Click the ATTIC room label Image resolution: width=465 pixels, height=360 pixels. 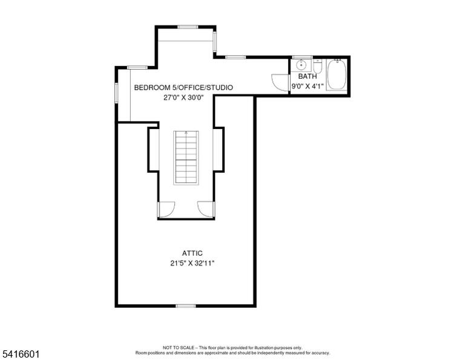pos(192,253)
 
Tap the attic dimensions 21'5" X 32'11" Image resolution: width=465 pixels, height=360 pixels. pos(192,263)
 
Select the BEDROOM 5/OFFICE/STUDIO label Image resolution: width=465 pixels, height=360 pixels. pos(183,87)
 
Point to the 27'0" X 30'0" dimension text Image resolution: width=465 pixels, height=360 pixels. pos(183,98)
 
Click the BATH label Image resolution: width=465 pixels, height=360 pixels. pos(308,76)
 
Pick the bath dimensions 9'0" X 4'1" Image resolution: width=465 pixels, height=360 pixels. pos(308,87)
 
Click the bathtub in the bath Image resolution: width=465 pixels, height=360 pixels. pos(337,74)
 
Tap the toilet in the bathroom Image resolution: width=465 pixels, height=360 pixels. pos(318,66)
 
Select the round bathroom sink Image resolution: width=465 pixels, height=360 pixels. pos(301,64)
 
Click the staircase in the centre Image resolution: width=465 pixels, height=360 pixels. pos(186,158)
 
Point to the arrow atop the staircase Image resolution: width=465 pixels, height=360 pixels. pos(186,133)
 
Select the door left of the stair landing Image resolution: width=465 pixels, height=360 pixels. pos(167,210)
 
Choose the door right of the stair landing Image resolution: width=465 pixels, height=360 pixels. pos(206,210)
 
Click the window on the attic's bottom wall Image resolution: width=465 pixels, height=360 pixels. pos(186,306)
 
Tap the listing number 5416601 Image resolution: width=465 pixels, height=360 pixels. pos(21,354)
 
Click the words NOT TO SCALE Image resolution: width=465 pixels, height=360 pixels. pos(179,347)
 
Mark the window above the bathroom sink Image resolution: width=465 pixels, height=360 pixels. pos(302,57)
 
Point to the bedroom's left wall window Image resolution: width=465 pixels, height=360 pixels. pos(116,93)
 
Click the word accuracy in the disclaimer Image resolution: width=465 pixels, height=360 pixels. pos(322,353)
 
